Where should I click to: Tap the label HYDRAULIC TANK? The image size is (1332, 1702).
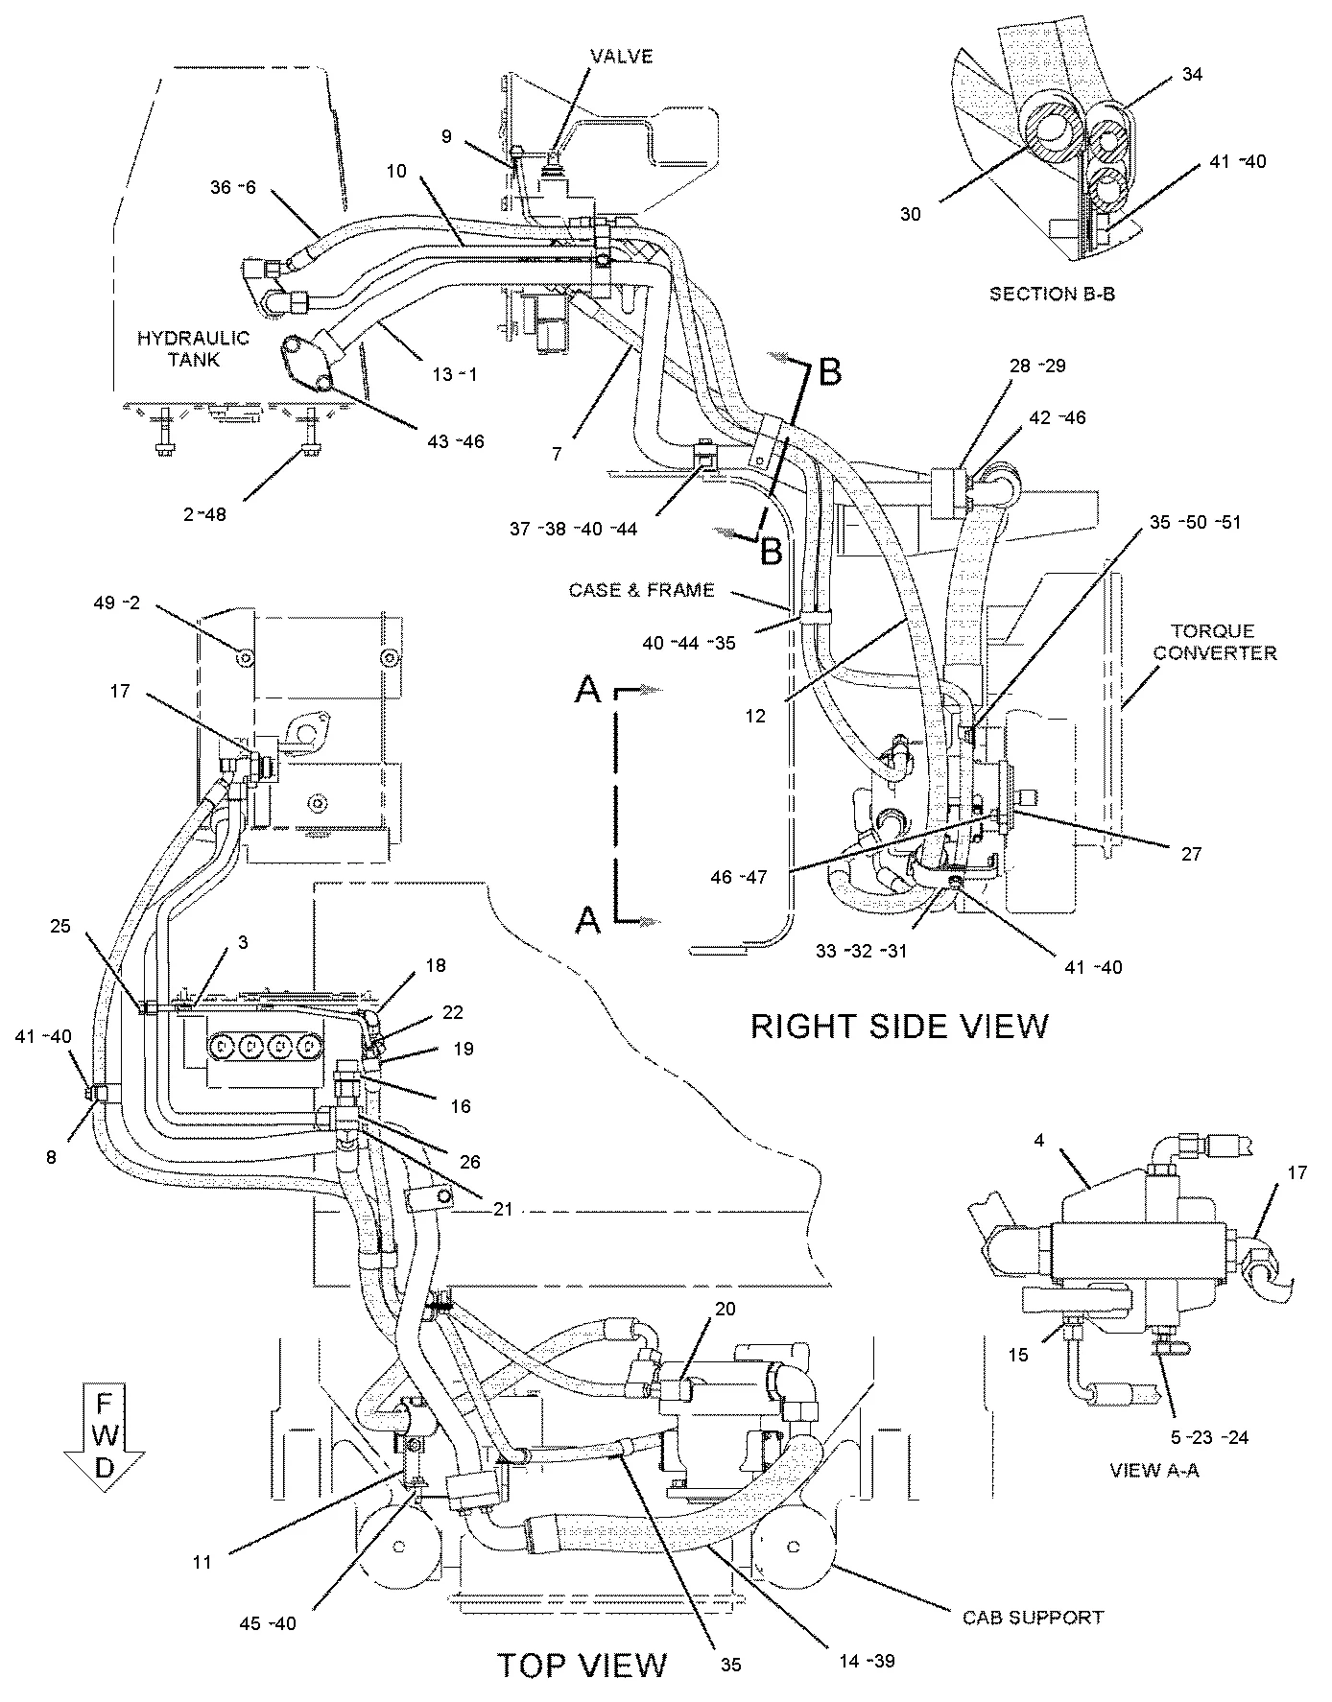pyautogui.click(x=192, y=349)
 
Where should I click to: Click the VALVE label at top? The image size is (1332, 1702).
pyautogui.click(x=621, y=57)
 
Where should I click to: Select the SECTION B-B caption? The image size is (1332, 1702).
pyautogui.click(x=1052, y=294)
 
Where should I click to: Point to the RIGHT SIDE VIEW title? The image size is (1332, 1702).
pyautogui.click(x=899, y=1026)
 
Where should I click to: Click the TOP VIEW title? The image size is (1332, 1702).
pyautogui.click(x=581, y=1665)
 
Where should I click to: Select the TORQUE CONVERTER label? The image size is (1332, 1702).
pyautogui.click(x=1214, y=642)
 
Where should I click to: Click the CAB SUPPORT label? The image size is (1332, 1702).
pyautogui.click(x=1033, y=1617)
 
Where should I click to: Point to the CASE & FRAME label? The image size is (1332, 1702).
pyautogui.click(x=642, y=590)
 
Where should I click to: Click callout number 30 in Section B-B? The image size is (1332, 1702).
pyautogui.click(x=910, y=214)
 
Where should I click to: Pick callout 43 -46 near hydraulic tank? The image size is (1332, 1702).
pyautogui.click(x=455, y=441)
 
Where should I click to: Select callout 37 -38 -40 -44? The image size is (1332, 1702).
pyautogui.click(x=574, y=528)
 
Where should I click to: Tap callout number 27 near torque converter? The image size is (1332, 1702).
pyautogui.click(x=1190, y=853)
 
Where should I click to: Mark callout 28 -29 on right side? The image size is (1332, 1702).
pyautogui.click(x=1036, y=366)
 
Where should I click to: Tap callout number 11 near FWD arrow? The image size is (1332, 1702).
pyautogui.click(x=201, y=1562)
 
